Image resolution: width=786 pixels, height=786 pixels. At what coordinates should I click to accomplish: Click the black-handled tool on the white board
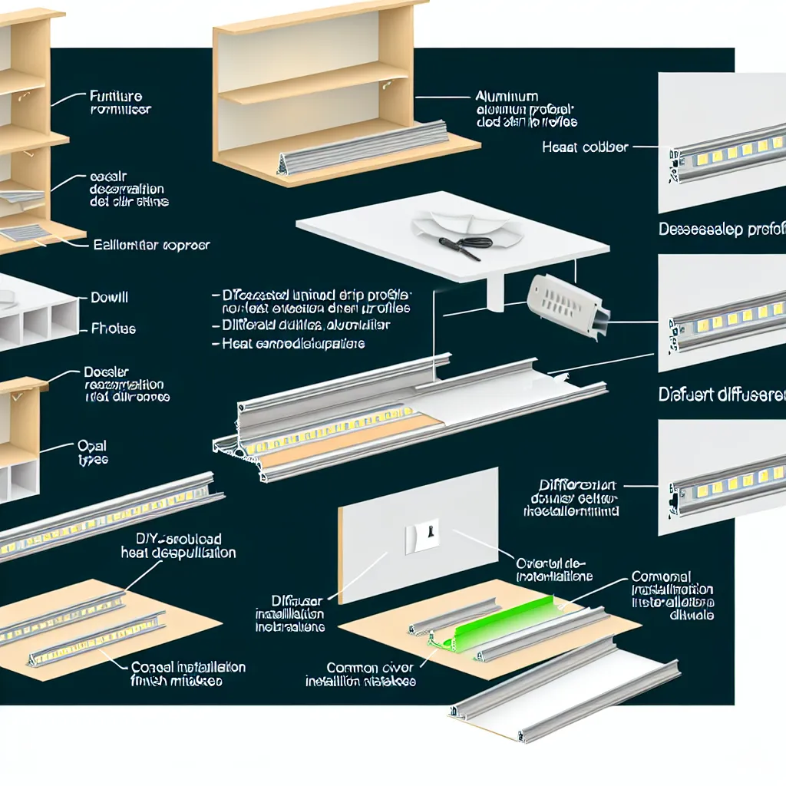(464, 243)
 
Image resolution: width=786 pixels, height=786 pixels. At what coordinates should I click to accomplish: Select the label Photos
(114, 329)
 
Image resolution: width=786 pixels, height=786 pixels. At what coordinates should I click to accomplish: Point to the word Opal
(92, 446)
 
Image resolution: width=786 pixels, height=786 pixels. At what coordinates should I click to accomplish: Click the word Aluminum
(506, 97)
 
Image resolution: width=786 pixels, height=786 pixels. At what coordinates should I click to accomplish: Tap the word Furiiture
(116, 97)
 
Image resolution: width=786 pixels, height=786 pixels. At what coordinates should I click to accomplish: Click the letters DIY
(147, 539)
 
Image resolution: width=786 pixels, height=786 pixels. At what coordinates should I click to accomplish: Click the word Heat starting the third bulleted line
(237, 343)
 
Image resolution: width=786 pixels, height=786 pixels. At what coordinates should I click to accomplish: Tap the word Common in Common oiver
(352, 668)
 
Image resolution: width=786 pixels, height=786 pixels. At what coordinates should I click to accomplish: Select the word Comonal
(661, 576)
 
